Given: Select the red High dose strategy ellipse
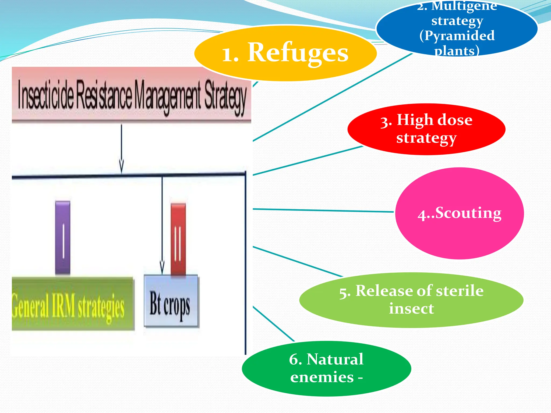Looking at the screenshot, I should coord(426,129).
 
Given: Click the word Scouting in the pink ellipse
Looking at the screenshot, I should coord(468,213).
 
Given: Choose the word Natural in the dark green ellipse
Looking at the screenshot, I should coord(335,359).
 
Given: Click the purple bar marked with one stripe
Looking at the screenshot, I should coord(63,238).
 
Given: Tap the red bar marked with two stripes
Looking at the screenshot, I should coord(178,239).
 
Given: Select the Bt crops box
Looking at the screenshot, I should coord(171,301).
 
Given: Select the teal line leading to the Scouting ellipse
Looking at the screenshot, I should coord(323,210).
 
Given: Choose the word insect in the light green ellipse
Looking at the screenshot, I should coord(411,308).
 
